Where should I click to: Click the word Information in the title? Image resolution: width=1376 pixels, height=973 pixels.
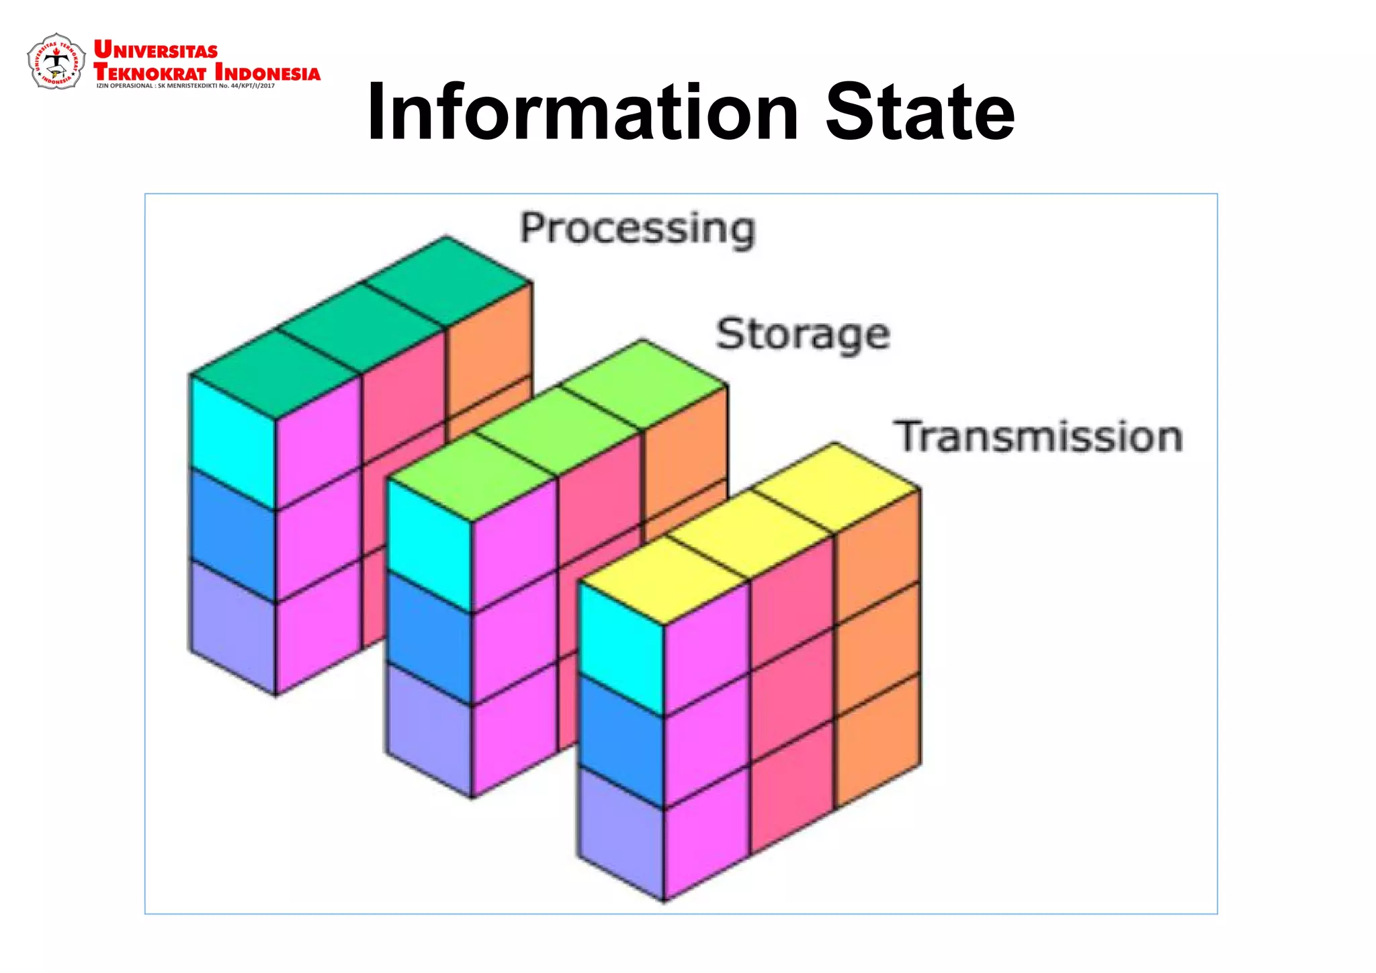[583, 112]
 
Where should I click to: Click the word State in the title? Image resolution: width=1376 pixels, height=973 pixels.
[920, 112]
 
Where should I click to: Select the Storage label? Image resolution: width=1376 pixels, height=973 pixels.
[803, 334]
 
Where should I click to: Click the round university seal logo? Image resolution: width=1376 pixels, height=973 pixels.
[56, 62]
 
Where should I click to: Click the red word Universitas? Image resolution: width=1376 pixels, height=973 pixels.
[156, 50]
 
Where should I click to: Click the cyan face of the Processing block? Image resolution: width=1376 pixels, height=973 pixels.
[232, 441]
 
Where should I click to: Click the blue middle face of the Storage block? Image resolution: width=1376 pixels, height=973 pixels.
[430, 637]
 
